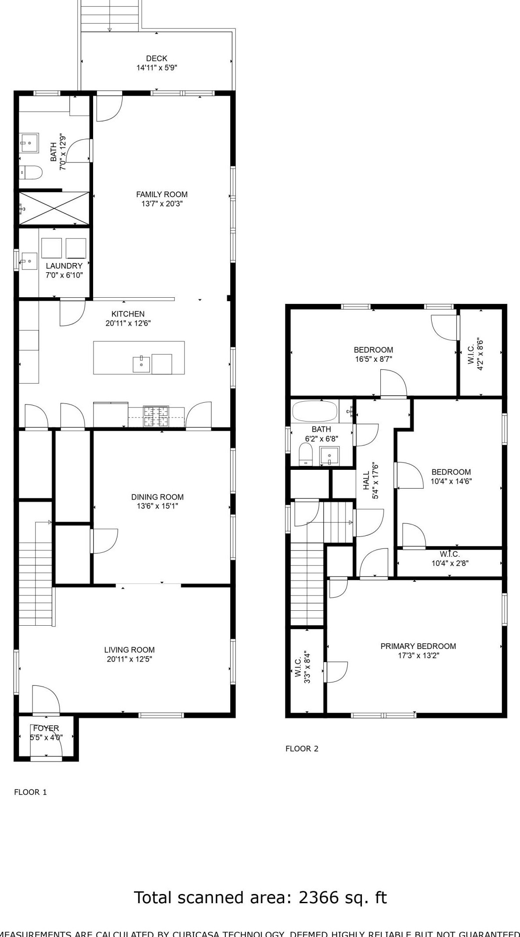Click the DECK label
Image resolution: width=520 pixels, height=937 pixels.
156,58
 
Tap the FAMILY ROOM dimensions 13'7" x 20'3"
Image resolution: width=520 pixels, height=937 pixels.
162,204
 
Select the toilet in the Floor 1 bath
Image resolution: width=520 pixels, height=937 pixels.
31,173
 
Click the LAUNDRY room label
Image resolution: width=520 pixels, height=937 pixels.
64,266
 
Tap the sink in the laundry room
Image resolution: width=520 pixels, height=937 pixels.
29,261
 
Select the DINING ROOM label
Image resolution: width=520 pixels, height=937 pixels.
157,497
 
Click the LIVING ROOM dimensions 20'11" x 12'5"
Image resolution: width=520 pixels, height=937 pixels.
129,659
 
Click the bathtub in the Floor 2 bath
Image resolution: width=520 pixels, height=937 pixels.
314,411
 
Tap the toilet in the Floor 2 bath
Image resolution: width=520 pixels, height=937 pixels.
305,454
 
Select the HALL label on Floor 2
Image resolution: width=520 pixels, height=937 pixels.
366,481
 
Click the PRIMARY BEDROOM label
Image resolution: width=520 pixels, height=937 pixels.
418,646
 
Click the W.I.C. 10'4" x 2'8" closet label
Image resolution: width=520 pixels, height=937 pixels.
450,559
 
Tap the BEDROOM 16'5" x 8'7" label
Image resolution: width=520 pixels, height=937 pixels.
373,350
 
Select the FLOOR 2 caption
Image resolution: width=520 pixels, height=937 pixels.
302,749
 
